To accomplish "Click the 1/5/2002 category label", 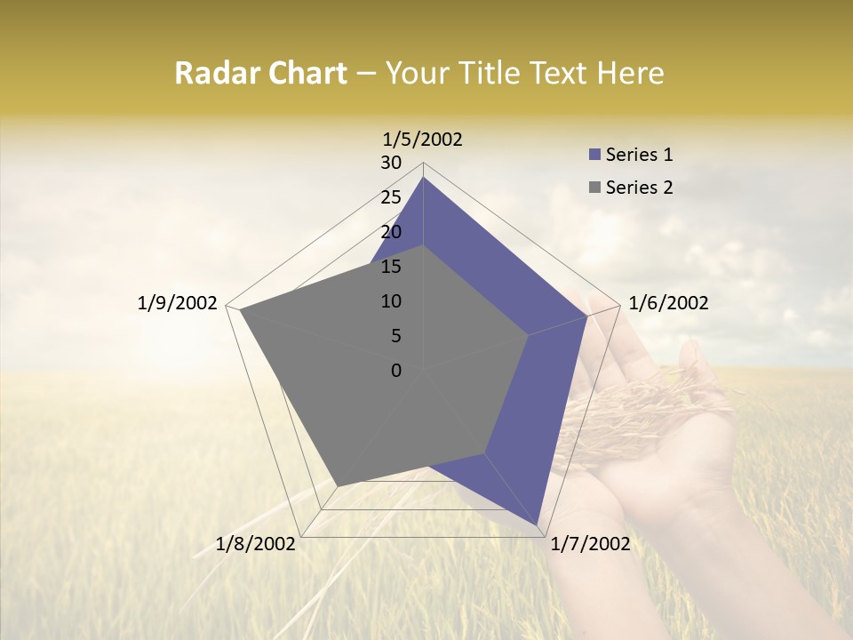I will pos(423,140).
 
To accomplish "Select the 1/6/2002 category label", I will pos(668,303).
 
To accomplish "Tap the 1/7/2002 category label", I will pos(590,544).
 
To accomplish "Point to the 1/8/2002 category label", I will pos(256,544).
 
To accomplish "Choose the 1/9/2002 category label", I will pos(178,303).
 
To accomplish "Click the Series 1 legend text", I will pos(639,155).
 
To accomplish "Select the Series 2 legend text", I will pos(639,188).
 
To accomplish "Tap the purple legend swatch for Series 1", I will pos(594,156).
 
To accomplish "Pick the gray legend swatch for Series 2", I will pos(594,188).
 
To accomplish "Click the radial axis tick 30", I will pos(391,163).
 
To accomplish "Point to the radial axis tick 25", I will pos(391,197).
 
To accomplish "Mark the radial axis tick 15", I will pos(391,267).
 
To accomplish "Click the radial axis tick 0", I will pos(396,371).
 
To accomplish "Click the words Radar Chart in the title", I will pos(260,74).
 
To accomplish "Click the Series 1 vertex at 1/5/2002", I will pos(423,177).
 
